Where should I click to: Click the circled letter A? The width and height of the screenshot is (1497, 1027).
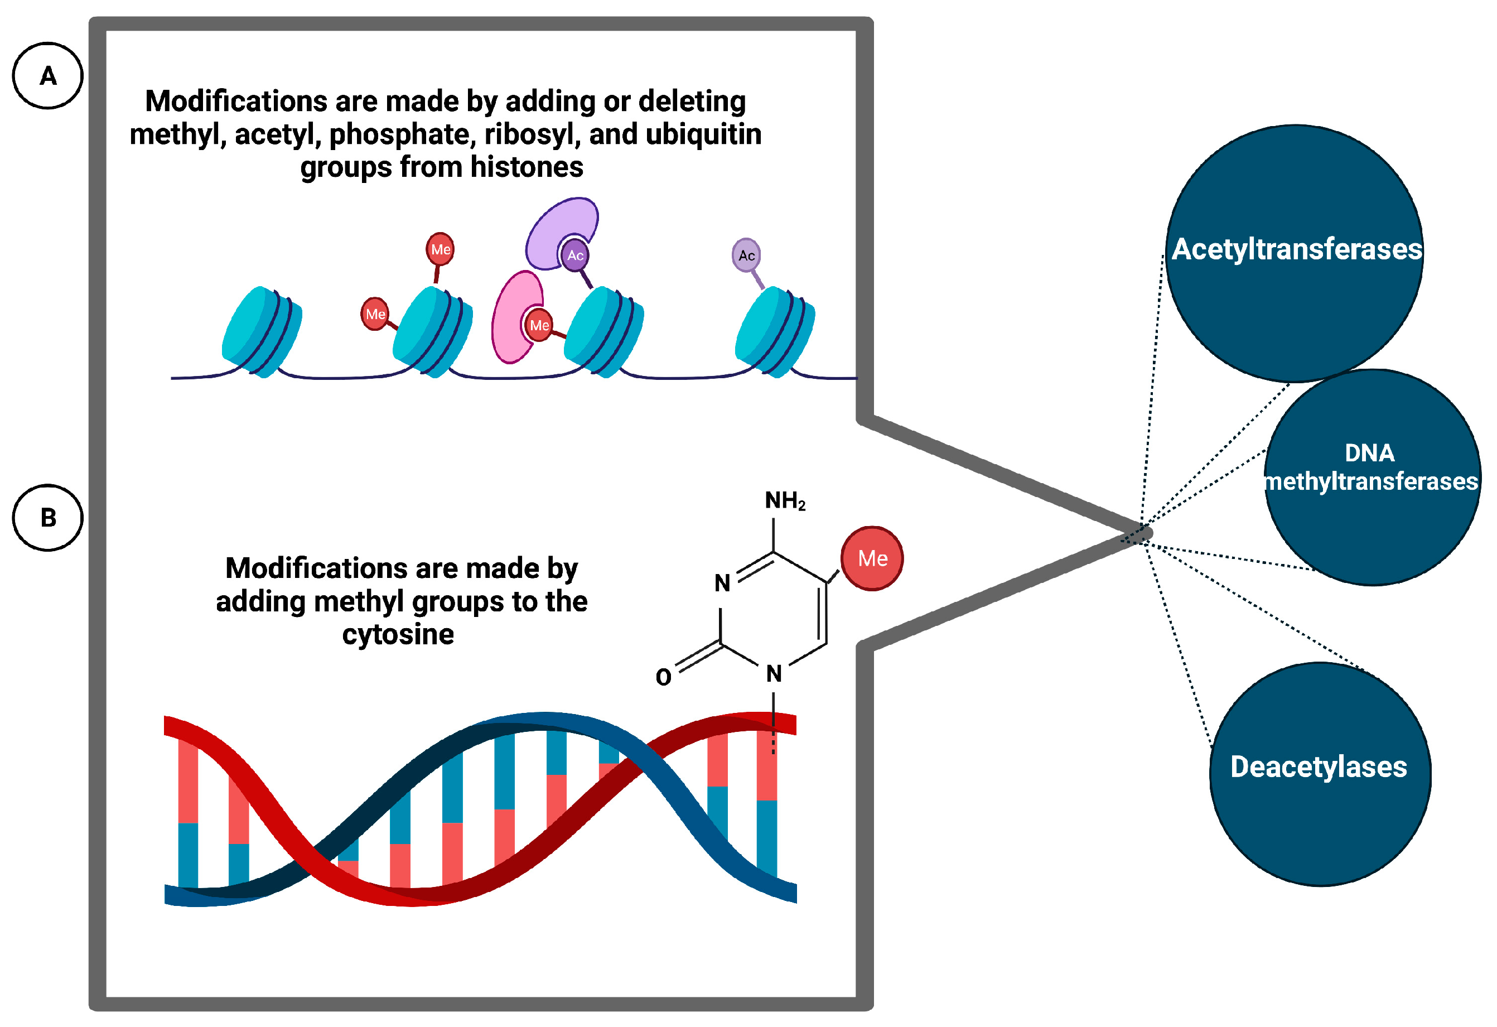pos(47,76)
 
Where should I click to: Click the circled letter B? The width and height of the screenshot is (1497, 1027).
pos(47,518)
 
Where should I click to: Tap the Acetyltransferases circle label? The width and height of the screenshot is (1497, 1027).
pos(1296,250)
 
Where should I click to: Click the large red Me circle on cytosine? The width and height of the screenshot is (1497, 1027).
pos(872,558)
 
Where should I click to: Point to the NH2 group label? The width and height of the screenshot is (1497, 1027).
pos(785,500)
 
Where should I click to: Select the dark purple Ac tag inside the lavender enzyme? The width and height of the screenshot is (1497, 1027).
pos(575,255)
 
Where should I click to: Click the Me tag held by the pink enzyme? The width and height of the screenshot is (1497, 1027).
pos(539,325)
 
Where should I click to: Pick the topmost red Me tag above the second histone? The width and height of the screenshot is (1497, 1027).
pos(441,249)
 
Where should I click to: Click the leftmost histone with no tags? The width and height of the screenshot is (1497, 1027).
pos(261,332)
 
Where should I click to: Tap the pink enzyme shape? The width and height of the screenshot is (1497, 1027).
pos(509,316)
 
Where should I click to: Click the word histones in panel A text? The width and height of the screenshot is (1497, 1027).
pos(527,167)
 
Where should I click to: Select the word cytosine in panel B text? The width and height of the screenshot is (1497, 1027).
pos(398,635)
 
